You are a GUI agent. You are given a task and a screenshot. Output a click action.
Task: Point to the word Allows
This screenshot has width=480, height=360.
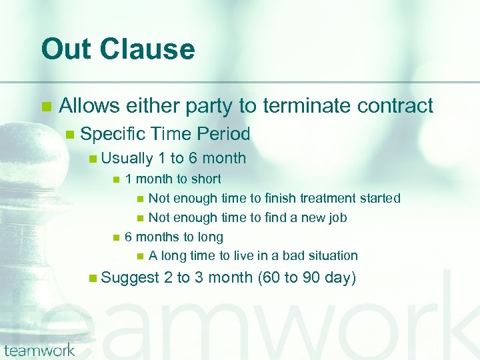89,105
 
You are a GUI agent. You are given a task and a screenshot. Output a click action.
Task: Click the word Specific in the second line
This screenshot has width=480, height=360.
113,134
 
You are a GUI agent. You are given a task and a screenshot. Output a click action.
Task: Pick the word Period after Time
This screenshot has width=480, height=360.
223,134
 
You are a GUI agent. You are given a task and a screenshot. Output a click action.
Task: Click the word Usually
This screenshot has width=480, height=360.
127,159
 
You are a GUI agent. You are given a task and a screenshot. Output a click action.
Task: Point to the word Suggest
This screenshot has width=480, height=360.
130,277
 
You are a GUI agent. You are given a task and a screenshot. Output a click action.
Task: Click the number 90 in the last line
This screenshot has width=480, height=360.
311,277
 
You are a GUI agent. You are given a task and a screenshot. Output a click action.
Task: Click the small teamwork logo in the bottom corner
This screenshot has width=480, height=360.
39,349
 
